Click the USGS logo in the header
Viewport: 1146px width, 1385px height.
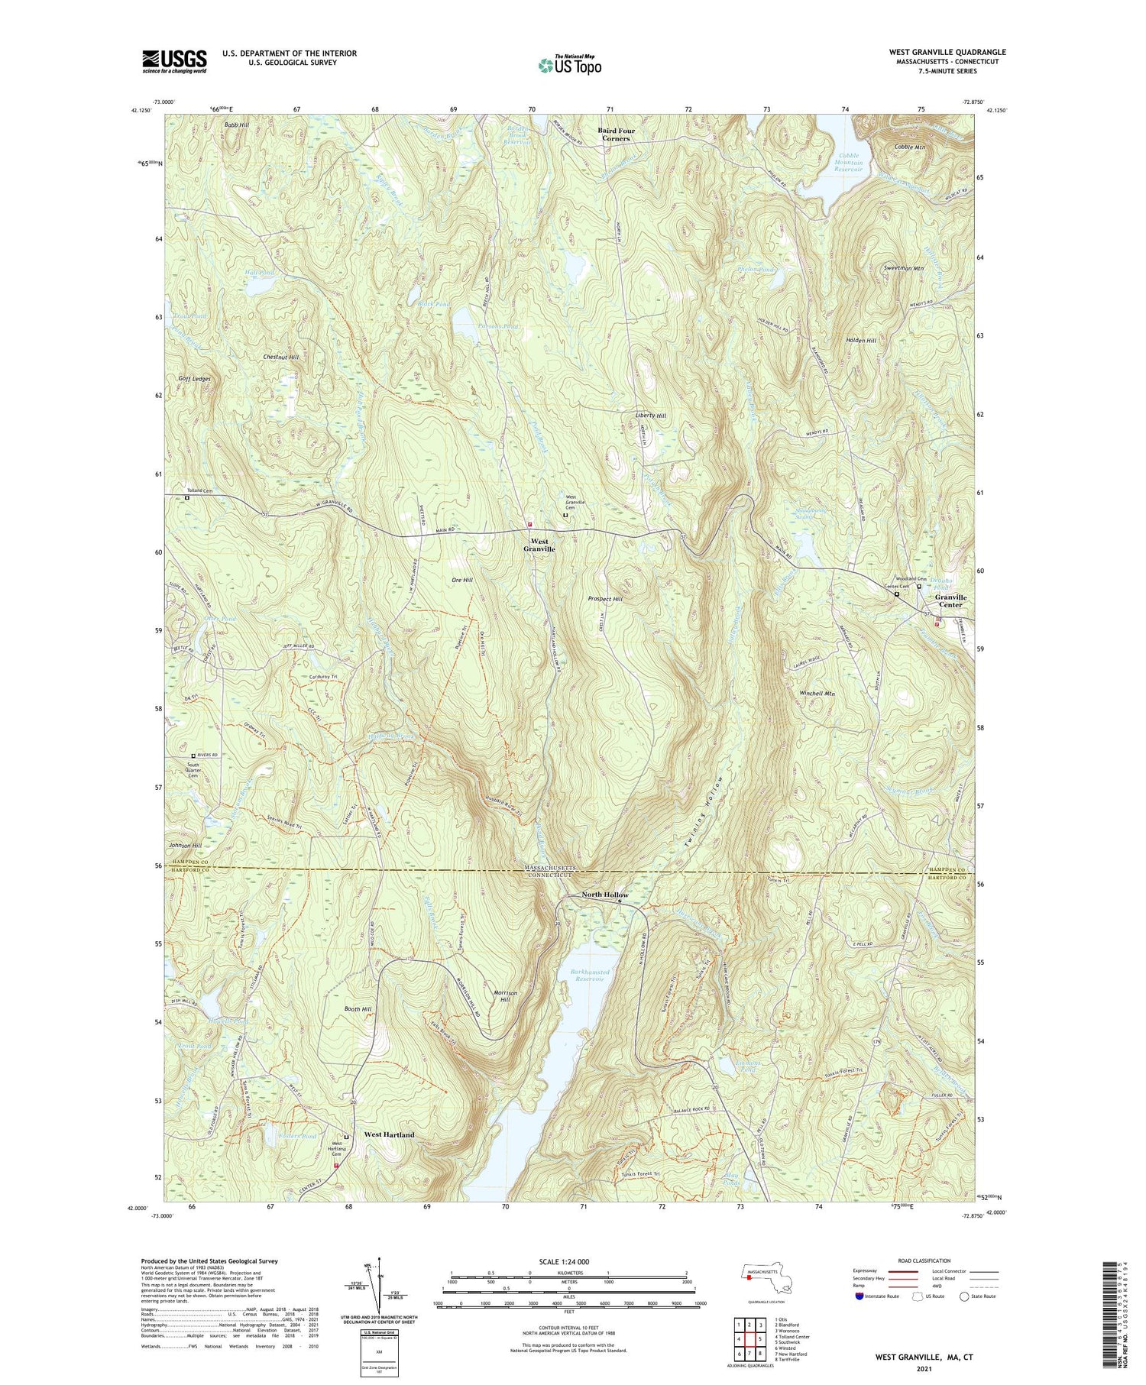pos(174,61)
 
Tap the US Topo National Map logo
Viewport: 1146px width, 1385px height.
pos(569,65)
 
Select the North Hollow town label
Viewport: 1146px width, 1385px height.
pos(605,895)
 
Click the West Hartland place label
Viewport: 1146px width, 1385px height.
pos(390,1134)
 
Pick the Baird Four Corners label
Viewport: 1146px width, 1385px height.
pos(616,134)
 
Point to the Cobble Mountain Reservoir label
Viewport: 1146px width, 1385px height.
pos(847,162)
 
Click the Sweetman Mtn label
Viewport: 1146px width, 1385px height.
pos(903,269)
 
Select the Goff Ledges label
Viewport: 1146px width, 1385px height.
pos(194,378)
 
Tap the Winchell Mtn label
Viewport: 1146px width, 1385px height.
pos(817,694)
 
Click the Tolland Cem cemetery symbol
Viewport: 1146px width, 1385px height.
pos(187,497)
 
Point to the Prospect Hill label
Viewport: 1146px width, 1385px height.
pos(606,599)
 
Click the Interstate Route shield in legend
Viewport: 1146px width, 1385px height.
pos(859,1296)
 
